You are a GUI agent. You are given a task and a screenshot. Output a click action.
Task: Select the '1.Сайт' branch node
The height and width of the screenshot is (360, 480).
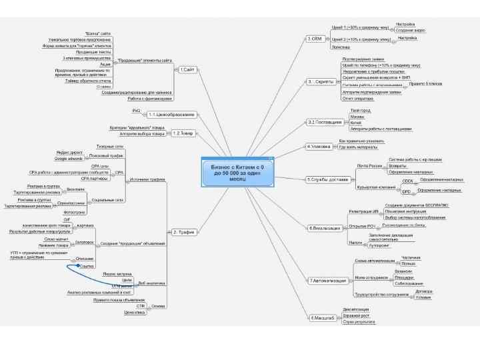(187, 69)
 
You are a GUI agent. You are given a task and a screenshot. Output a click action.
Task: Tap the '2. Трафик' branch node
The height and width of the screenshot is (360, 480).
(183, 232)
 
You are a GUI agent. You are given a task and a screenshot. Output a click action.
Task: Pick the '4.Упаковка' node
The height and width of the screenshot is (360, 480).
(319, 146)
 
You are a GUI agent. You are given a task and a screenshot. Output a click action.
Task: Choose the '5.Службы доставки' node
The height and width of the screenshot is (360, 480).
(328, 179)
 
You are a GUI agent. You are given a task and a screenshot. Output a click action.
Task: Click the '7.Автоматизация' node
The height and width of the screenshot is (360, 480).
(328, 281)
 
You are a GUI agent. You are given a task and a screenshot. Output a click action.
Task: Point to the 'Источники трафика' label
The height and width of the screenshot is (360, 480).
(147, 179)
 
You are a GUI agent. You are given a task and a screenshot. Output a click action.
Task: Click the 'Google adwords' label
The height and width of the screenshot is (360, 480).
(69, 159)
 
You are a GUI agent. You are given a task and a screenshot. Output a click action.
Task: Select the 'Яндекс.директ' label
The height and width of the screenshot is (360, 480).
(70, 152)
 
